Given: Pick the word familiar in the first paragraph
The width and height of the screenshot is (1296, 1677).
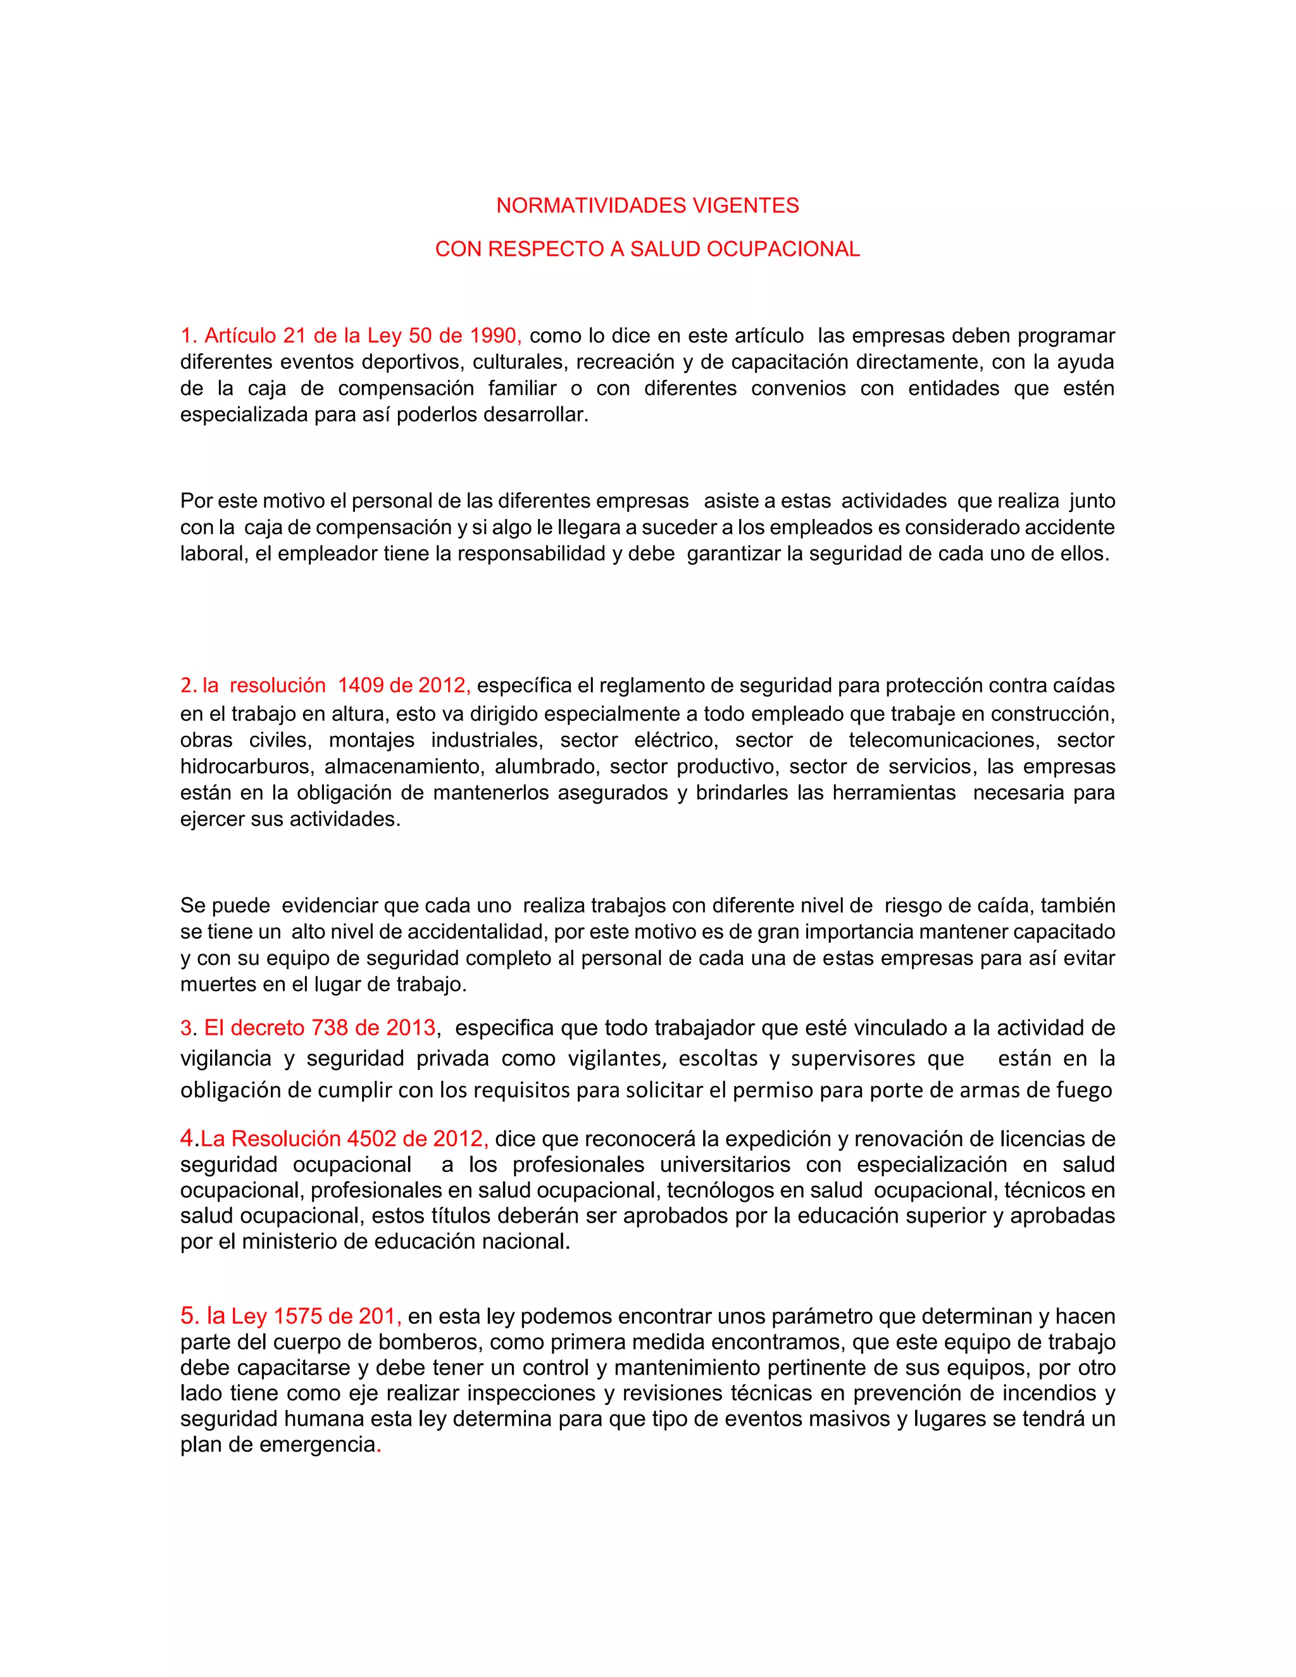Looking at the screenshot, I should (x=522, y=388).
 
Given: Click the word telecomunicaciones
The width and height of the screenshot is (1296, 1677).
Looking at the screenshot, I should (x=944, y=740).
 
